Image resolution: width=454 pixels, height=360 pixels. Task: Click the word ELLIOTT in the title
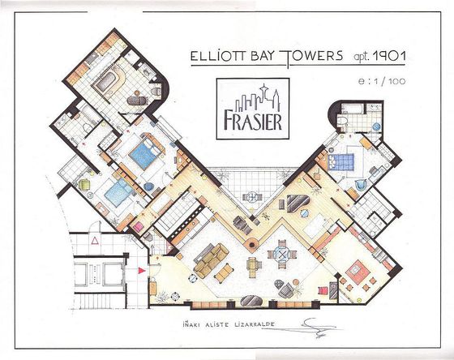[x=213, y=58]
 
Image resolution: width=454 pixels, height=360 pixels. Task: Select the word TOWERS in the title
[x=305, y=58]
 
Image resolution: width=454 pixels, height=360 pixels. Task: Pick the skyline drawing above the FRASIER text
[x=252, y=102]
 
